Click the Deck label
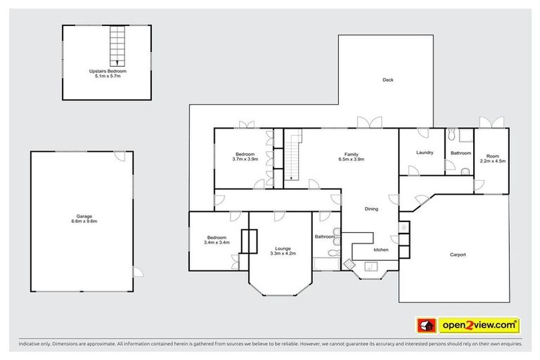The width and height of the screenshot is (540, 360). [x=387, y=80]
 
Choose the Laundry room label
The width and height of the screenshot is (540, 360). [x=424, y=153]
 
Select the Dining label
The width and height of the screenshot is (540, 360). [x=373, y=208]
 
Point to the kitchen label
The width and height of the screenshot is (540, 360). [x=381, y=250]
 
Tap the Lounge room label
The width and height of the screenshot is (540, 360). [x=283, y=248]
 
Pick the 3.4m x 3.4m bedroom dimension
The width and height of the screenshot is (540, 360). [x=216, y=243]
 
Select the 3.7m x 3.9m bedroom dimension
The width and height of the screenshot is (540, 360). [x=245, y=159]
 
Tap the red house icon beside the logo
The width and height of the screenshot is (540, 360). [x=427, y=325]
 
